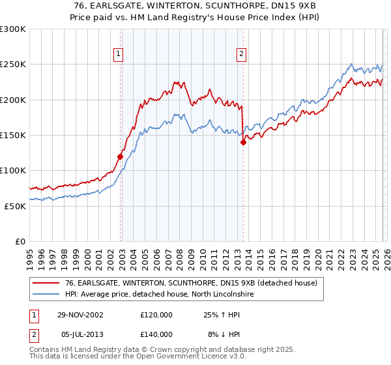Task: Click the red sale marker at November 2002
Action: coord(121,156)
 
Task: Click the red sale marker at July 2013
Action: coord(242,143)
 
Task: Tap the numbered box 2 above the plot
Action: coord(242,54)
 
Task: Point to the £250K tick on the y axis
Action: coord(13,65)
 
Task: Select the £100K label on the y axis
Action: coord(13,170)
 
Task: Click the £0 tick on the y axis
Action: coord(19,241)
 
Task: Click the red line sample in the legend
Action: coord(47,283)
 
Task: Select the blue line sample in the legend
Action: coord(47,295)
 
